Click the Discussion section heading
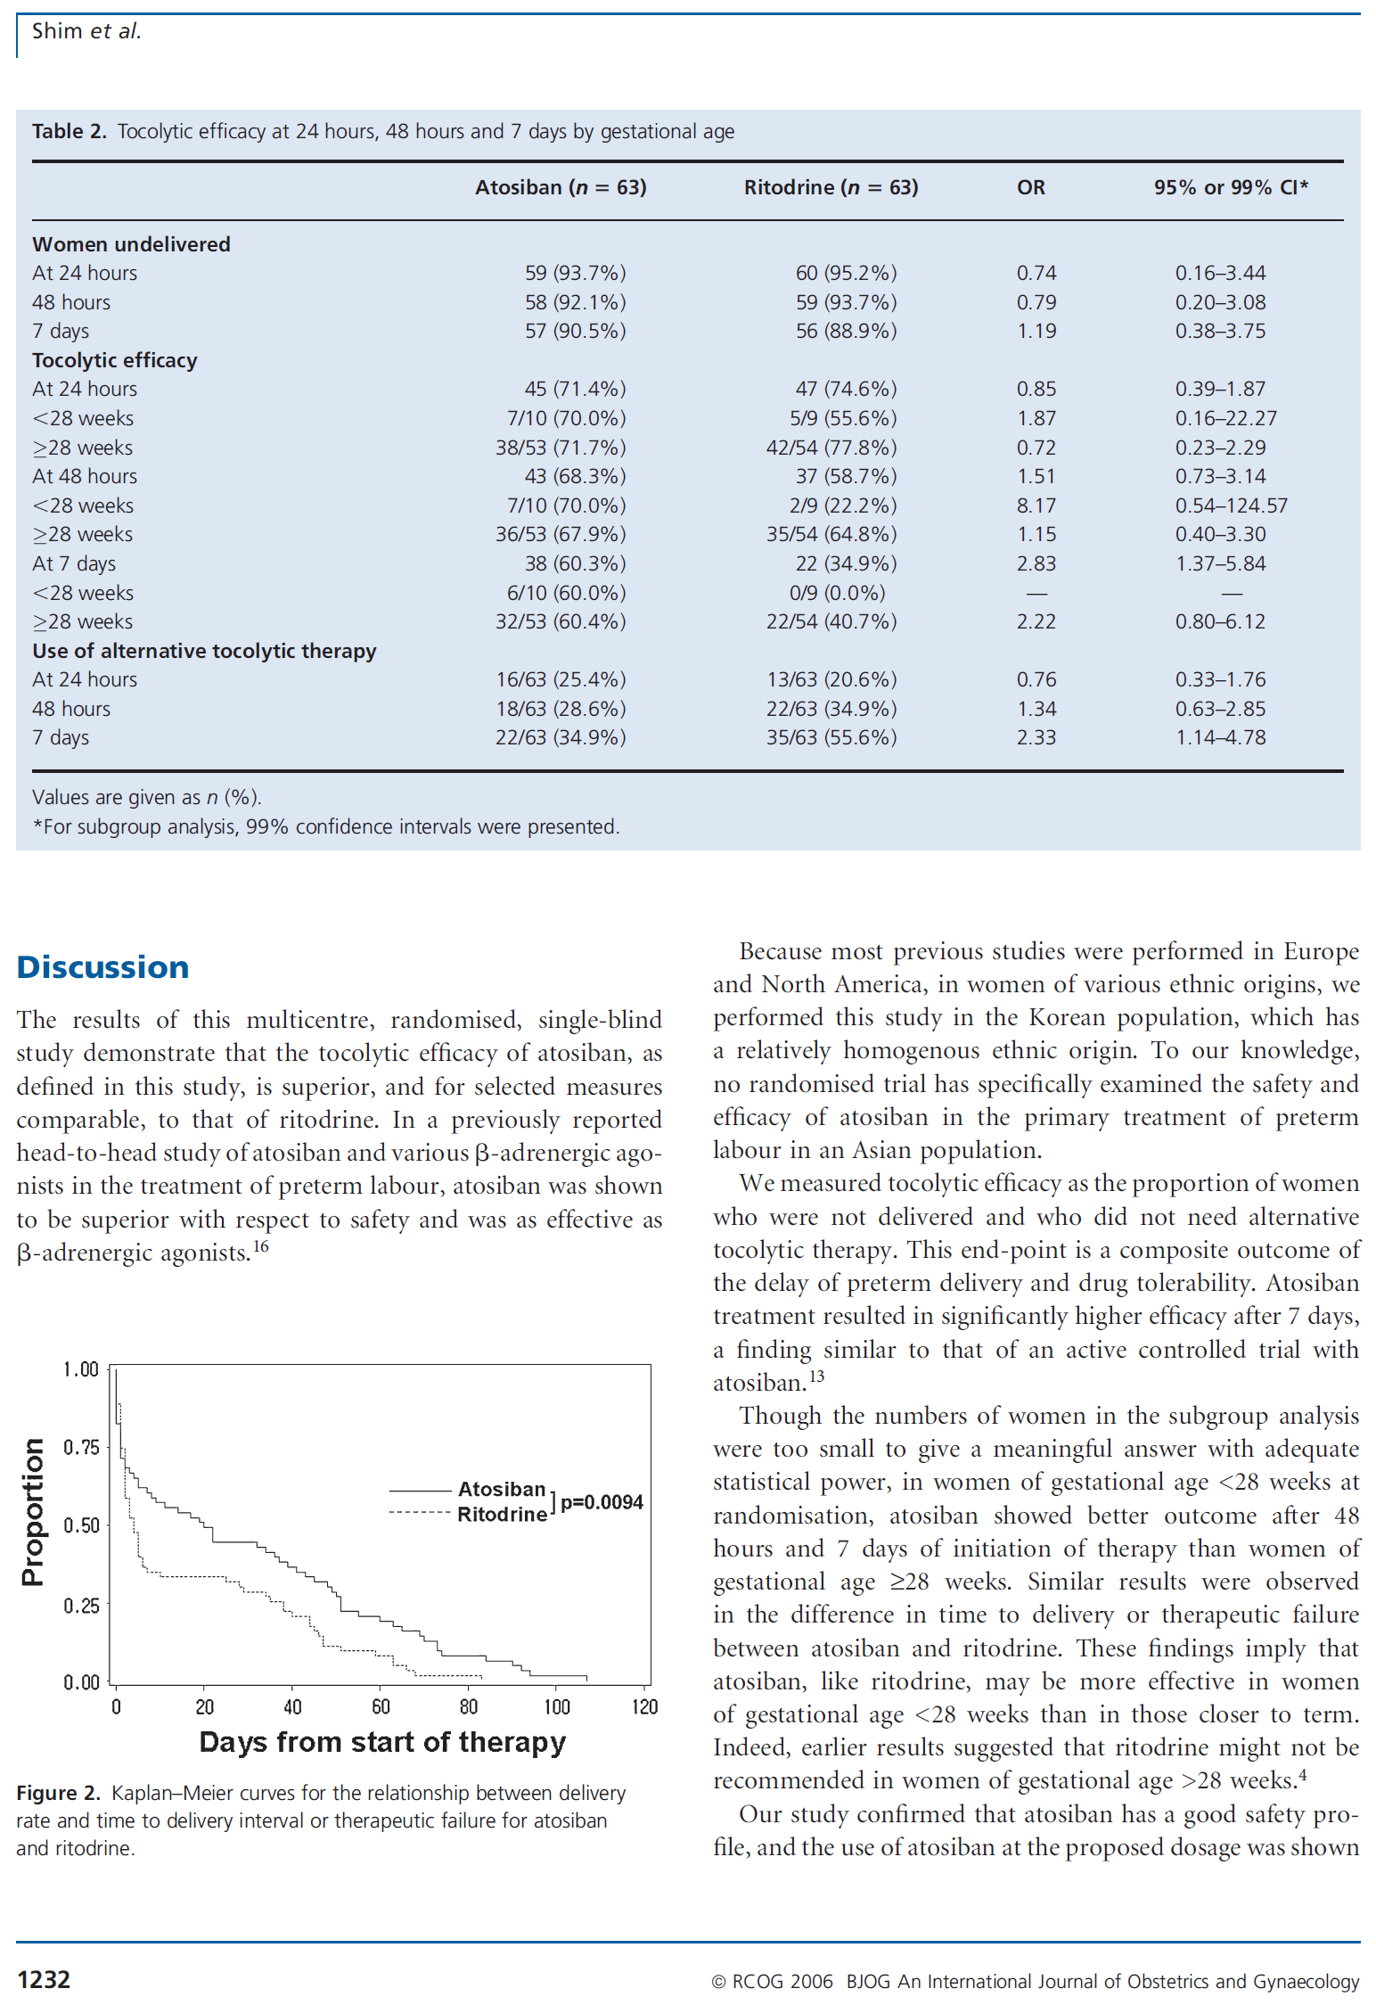pos(102,967)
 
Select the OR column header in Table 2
pos(1031,188)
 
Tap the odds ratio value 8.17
pos(1036,506)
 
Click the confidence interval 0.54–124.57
pos(1231,506)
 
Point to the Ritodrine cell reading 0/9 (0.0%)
pos(837,594)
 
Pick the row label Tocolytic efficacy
pos(115,361)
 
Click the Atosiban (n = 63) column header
pos(561,188)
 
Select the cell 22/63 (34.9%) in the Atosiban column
pos(561,738)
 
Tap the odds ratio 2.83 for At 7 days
pos(1036,564)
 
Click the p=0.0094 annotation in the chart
pos(602,1502)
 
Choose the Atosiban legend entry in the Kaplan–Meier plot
pos(501,1490)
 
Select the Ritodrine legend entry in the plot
pos(501,1515)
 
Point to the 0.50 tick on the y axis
pos(81,1525)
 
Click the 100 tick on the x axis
pos(557,1707)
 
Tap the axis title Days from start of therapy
pos(382,1742)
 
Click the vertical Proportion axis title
pos(33,1512)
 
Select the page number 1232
pos(44,1980)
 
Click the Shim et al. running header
pos(86,32)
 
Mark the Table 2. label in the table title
pos(70,132)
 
